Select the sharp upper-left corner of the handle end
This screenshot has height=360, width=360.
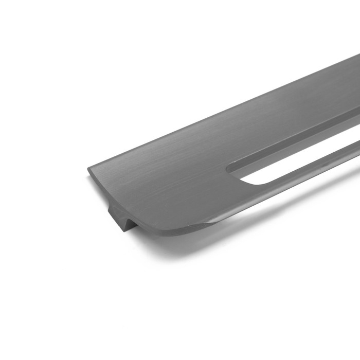tap(88, 168)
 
